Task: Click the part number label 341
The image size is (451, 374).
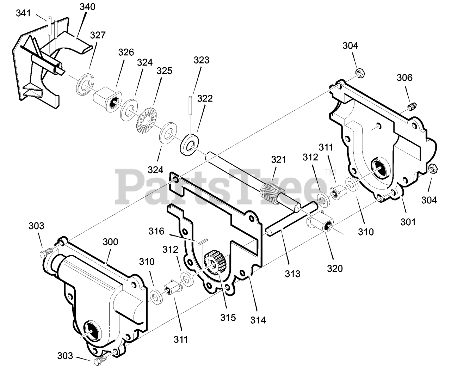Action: pyautogui.click(x=24, y=13)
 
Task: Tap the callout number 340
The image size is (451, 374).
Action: pyautogui.click(x=87, y=7)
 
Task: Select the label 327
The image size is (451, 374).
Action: pyautogui.click(x=98, y=35)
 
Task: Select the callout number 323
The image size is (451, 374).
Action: pyautogui.click(x=201, y=60)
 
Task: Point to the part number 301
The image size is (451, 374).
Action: pyautogui.click(x=408, y=222)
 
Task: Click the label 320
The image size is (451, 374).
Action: pyautogui.click(x=335, y=268)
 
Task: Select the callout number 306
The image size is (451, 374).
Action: pyautogui.click(x=404, y=77)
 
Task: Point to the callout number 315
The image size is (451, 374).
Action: pyautogui.click(x=228, y=317)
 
